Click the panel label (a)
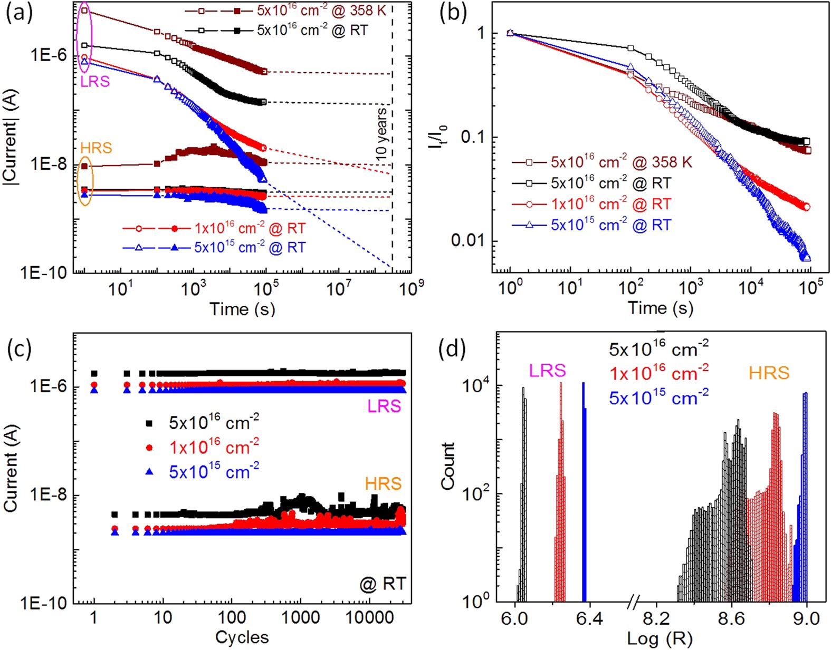click(19, 12)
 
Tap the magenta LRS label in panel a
click(95, 81)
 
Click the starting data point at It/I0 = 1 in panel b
click(510, 33)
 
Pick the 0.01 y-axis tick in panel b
click(469, 240)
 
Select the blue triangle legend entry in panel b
click(591, 225)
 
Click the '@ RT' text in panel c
click(383, 584)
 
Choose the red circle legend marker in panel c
click(149, 448)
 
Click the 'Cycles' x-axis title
click(242, 637)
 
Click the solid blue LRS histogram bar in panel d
click(584, 490)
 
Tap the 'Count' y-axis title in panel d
click(448, 466)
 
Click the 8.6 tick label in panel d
click(731, 617)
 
